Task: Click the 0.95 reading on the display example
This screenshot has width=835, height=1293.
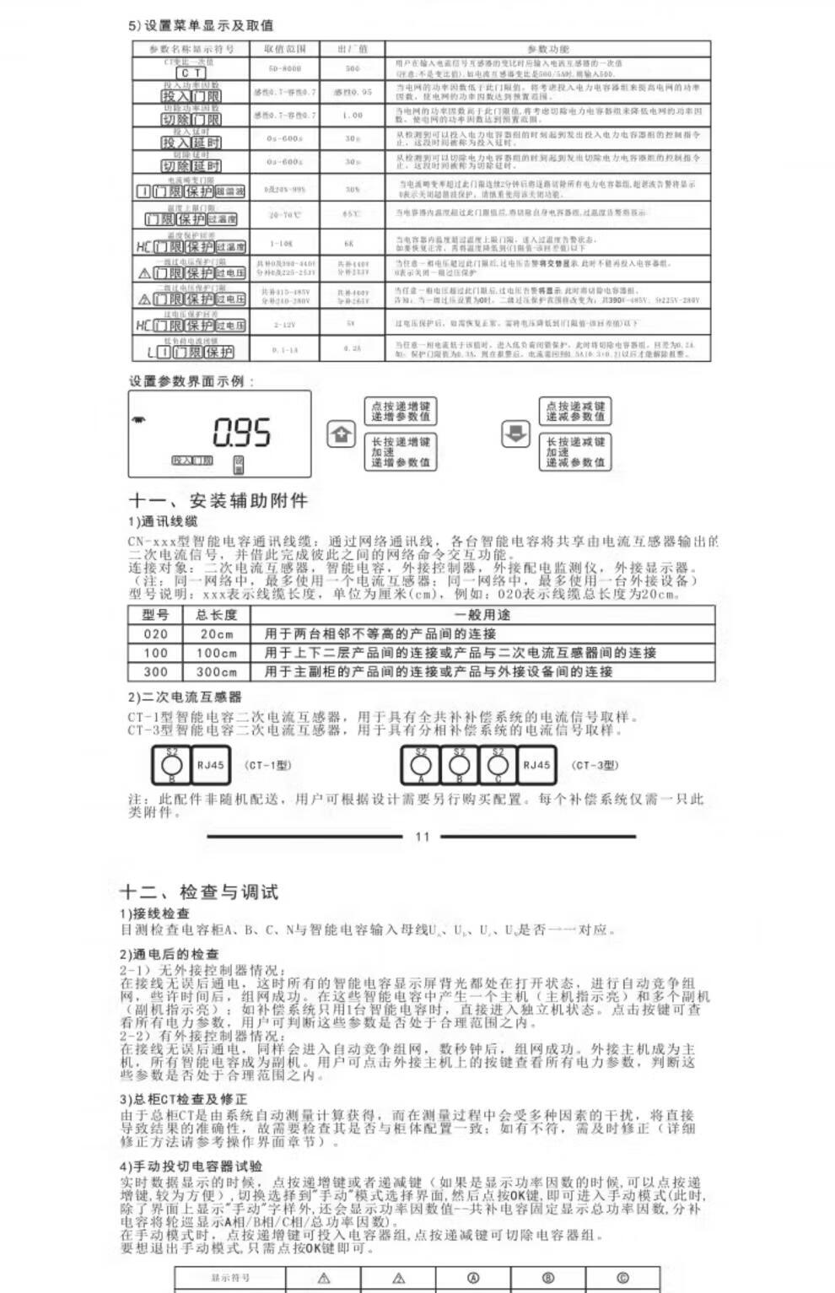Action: [242, 434]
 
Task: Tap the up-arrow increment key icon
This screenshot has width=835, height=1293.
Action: [341, 434]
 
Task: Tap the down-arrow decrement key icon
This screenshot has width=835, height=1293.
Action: [515, 434]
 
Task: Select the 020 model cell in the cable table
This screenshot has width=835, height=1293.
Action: [155, 634]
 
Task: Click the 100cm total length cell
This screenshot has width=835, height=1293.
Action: [217, 653]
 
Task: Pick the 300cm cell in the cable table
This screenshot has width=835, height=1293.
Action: [217, 672]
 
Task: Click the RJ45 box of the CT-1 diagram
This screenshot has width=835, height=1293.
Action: [211, 765]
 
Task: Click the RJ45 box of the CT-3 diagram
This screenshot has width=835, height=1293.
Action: [536, 765]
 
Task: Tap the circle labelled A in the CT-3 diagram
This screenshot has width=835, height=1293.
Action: [421, 765]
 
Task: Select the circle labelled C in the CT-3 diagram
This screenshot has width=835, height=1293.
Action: [498, 765]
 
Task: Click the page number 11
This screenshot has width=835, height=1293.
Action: [423, 837]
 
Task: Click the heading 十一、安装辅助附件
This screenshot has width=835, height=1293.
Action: [218, 501]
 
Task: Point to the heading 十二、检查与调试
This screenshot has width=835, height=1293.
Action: [199, 892]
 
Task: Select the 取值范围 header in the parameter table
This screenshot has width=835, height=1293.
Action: [285, 49]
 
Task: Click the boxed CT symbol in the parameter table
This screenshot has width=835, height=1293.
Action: [190, 73]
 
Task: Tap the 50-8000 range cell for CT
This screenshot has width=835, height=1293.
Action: [285, 68]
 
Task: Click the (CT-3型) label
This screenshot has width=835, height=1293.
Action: [595, 765]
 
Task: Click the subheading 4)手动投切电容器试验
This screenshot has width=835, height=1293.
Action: [191, 1166]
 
